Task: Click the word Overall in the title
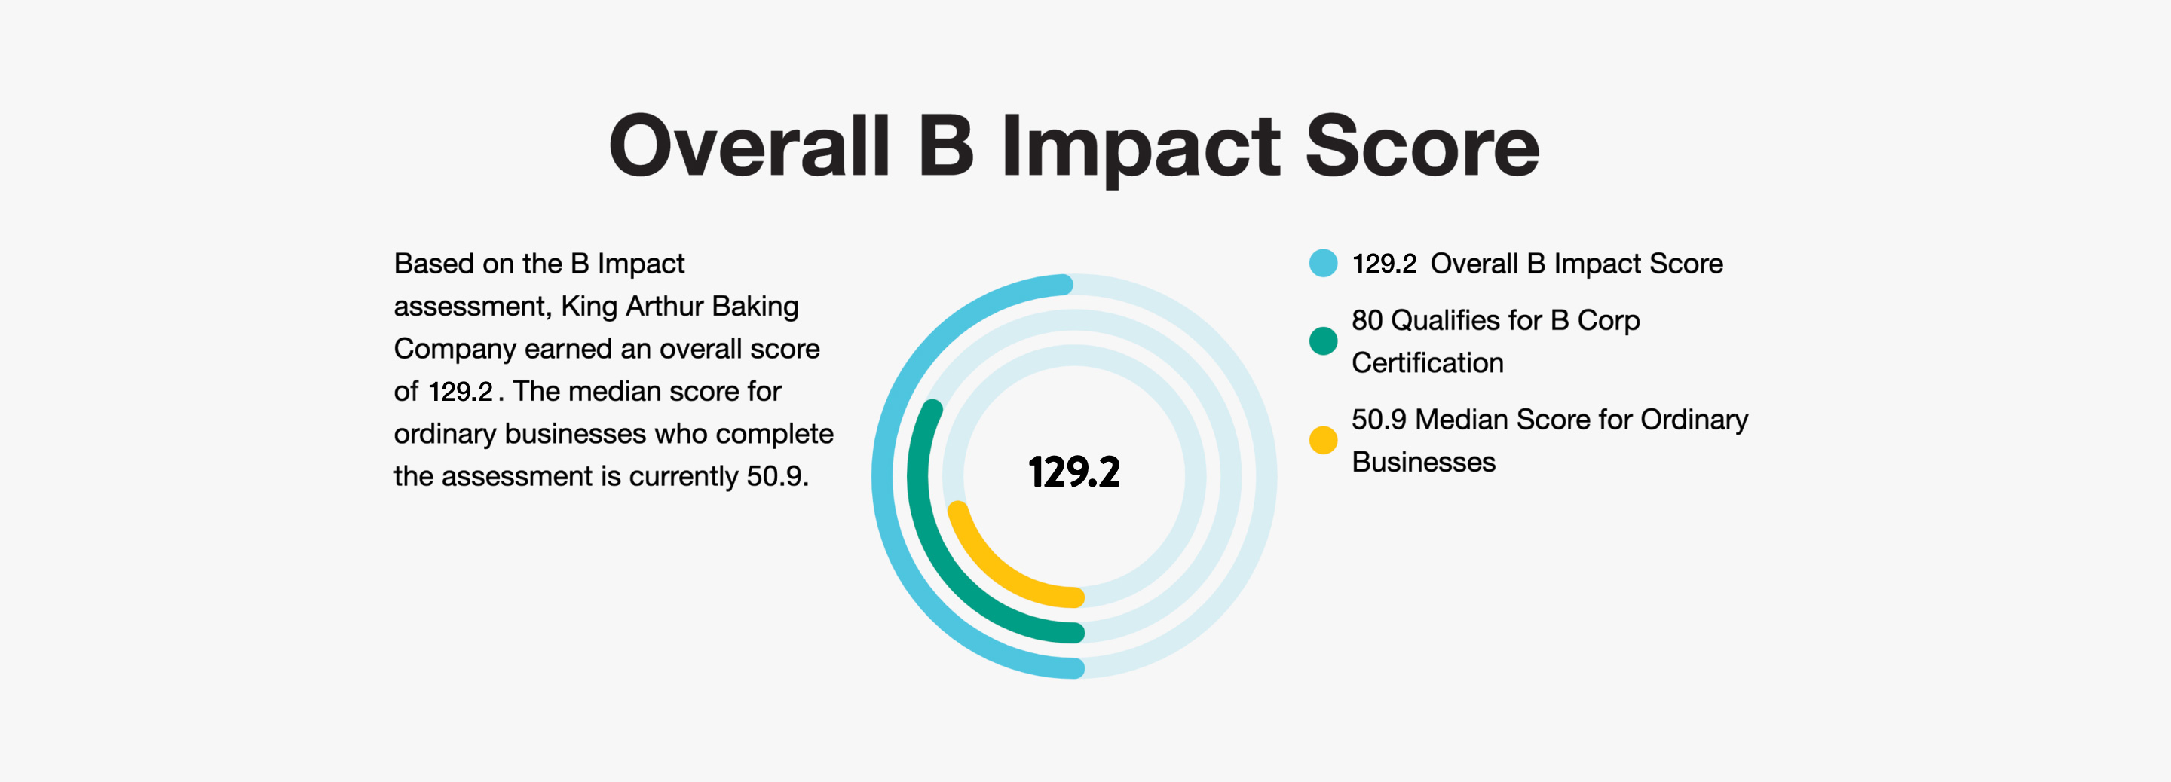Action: [x=749, y=147]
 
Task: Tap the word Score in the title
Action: [x=1422, y=147]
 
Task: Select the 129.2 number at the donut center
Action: [x=1073, y=472]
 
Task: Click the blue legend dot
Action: [x=1323, y=263]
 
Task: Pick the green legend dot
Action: [x=1323, y=341]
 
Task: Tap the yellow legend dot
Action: [x=1323, y=440]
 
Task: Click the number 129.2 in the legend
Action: [x=1384, y=264]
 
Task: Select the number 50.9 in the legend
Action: [x=1379, y=420]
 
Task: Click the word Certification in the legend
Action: [x=1428, y=363]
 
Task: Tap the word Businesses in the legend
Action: [x=1423, y=463]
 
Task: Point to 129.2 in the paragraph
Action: [x=460, y=392]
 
